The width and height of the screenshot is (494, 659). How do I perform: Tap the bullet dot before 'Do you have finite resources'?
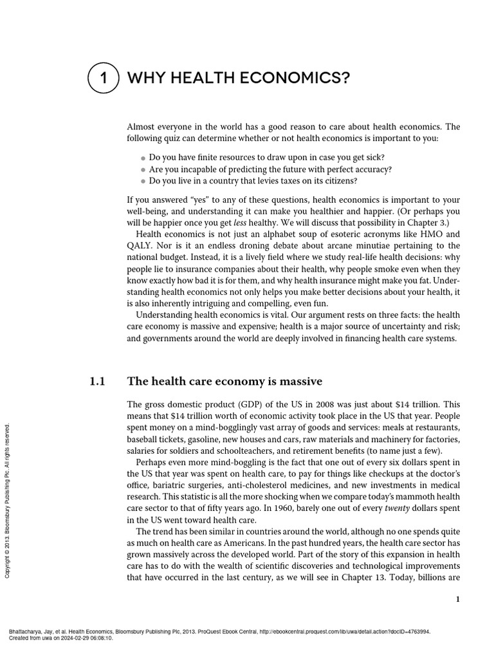point(143,158)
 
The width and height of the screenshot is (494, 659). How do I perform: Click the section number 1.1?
point(97,382)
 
